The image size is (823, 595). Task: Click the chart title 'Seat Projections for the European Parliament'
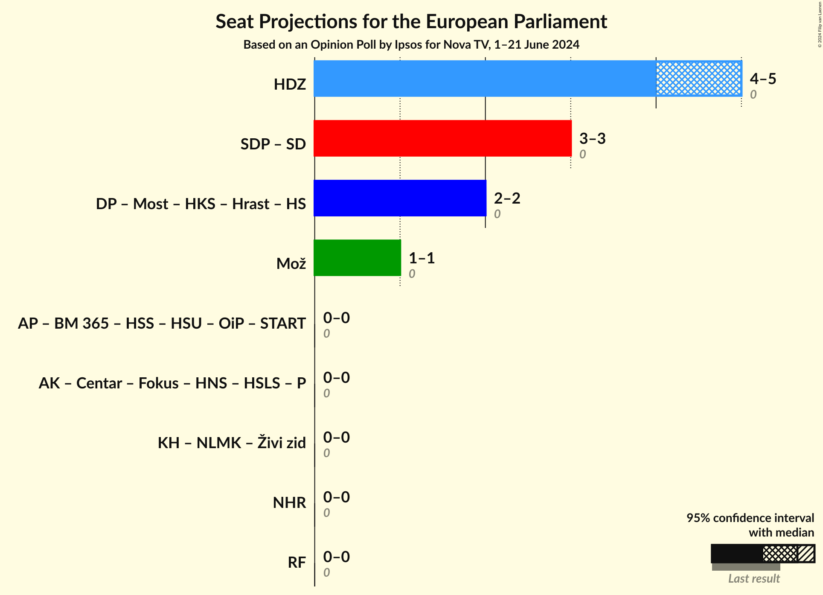pos(411,21)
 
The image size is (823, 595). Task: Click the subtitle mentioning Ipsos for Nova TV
pos(411,45)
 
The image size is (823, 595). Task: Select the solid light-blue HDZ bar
pos(485,79)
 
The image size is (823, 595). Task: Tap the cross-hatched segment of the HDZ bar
pos(698,79)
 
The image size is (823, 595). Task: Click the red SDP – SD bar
pos(442,138)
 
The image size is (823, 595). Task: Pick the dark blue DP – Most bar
pos(400,198)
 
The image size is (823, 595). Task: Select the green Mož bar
pos(357,258)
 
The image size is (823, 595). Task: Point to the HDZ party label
pos(290,85)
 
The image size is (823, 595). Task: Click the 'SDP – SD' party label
pos(273,144)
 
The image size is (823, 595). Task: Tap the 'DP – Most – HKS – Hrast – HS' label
pos(201,204)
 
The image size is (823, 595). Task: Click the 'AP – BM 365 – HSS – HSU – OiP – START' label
pos(162,324)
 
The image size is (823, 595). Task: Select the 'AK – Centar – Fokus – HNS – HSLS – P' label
pos(172,383)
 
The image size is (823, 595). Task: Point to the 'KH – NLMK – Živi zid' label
pos(232,443)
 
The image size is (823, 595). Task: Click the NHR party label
pos(289,503)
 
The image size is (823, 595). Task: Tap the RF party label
pos(297,563)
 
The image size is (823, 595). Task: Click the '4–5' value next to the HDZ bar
pos(763,79)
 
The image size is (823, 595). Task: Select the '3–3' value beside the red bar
pos(592,138)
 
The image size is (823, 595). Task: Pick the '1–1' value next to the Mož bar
pos(422,258)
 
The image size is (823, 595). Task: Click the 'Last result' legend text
pos(753,578)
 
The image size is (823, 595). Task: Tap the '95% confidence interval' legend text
pos(750,518)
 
